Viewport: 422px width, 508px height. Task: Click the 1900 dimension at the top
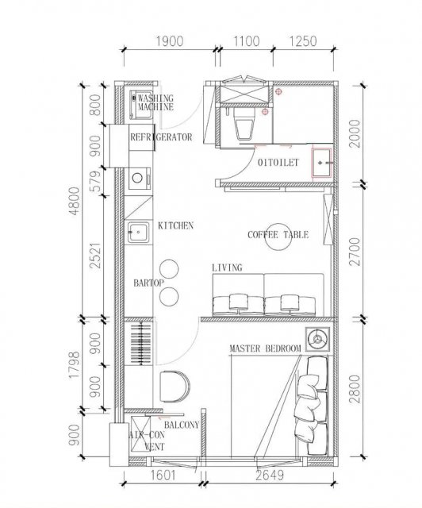(x=170, y=41)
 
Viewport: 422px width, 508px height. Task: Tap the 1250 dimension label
(x=302, y=41)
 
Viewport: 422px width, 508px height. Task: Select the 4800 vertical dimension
(x=74, y=201)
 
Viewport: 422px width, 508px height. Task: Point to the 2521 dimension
(x=96, y=256)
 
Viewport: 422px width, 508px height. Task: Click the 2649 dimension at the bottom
(x=270, y=475)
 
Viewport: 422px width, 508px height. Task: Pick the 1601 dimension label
(x=163, y=475)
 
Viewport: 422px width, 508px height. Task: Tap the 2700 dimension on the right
(x=355, y=252)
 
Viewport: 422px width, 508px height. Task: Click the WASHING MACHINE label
(x=155, y=102)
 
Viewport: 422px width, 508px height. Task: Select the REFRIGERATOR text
(x=161, y=137)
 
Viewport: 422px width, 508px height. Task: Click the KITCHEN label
(x=175, y=225)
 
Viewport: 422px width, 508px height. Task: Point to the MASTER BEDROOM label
(x=265, y=348)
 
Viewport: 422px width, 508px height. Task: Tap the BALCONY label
(x=182, y=425)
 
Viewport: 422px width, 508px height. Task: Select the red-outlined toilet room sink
(x=321, y=163)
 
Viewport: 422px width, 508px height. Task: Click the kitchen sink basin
(x=139, y=232)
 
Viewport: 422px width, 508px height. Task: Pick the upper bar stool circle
(x=169, y=269)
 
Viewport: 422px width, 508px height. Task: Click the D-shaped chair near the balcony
(x=175, y=386)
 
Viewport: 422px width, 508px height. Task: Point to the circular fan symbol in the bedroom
(x=318, y=339)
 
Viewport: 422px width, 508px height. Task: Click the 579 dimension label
(x=96, y=182)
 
